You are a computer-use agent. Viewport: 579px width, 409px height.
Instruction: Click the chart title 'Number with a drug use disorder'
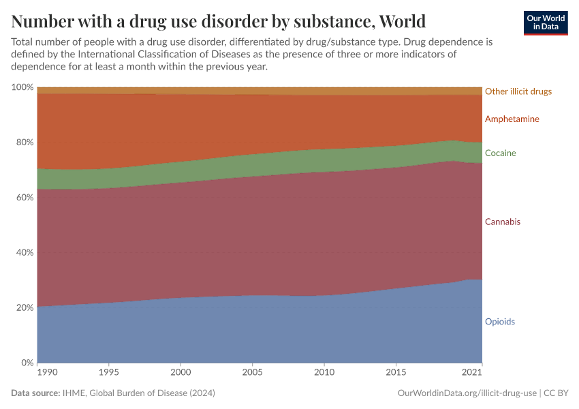(x=218, y=20)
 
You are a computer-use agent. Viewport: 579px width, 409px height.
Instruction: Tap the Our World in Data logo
(x=545, y=22)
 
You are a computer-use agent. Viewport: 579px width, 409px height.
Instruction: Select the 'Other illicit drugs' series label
(x=518, y=91)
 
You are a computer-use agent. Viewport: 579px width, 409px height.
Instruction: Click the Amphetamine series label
(x=512, y=119)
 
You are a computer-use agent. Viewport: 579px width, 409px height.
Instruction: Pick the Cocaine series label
(x=500, y=153)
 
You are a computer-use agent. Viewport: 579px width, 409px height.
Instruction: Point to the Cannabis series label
(x=503, y=222)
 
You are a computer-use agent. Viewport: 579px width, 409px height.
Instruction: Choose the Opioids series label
(x=499, y=322)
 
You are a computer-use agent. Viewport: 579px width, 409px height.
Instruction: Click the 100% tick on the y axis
(x=22, y=87)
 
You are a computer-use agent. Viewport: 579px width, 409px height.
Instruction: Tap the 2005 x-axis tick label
(x=252, y=374)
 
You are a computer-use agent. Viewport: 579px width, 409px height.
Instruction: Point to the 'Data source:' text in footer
(x=35, y=393)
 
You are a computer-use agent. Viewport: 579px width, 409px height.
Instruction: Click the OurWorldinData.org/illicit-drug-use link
(x=467, y=393)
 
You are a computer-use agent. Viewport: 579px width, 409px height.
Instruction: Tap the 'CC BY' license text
(x=557, y=393)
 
